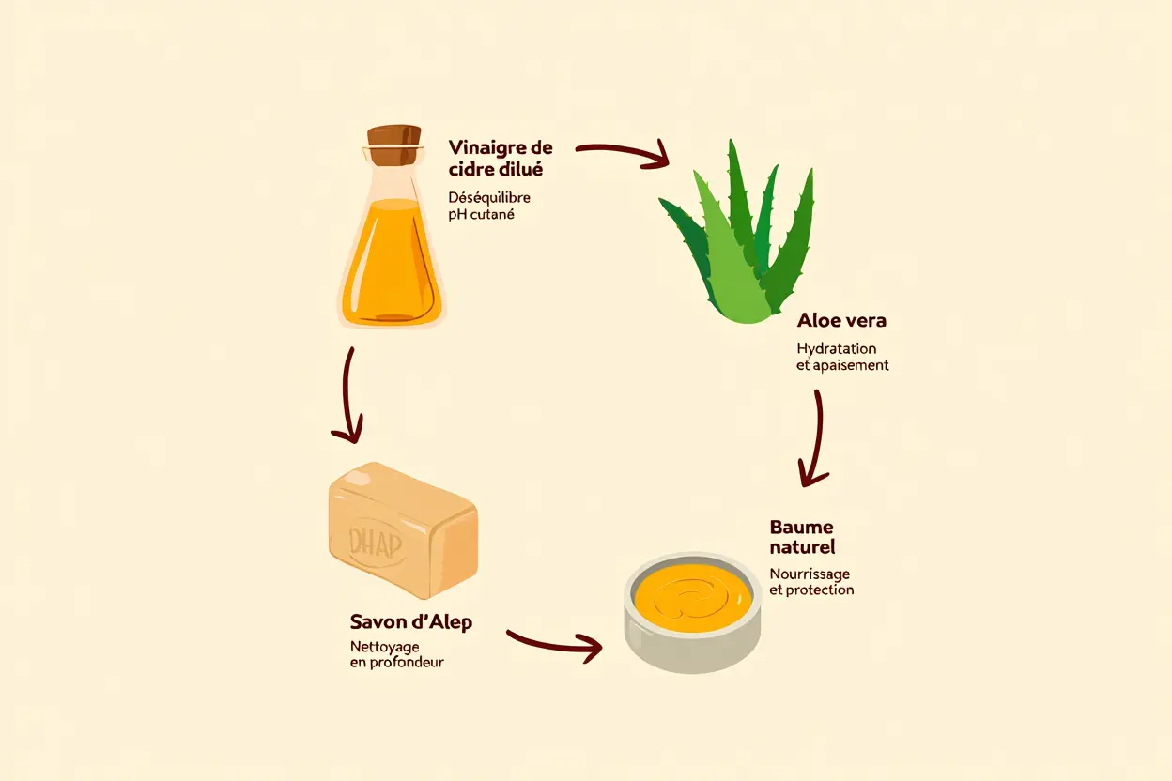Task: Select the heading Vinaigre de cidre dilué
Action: (500, 159)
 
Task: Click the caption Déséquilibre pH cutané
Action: (488, 207)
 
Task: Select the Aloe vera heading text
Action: (840, 321)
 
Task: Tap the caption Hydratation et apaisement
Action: (841, 357)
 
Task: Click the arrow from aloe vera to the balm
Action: (815, 436)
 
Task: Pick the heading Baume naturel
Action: (801, 537)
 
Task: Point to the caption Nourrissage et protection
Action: (811, 581)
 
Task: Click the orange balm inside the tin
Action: (693, 596)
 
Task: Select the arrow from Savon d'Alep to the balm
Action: (554, 642)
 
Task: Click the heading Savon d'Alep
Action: (410, 622)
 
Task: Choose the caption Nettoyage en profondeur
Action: (396, 654)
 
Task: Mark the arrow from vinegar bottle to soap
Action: (349, 394)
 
